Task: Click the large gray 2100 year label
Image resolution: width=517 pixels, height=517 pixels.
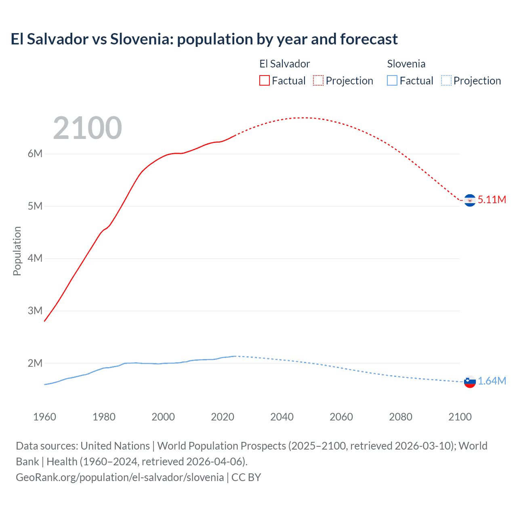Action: point(87,128)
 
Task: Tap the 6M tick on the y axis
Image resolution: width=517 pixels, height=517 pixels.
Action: point(35,154)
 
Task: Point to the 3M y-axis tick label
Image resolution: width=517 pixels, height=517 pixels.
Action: point(35,311)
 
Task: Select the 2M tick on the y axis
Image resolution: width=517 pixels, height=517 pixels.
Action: point(35,363)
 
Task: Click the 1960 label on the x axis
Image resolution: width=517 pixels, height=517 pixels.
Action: point(44,417)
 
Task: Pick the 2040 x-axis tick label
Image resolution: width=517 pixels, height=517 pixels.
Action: point(282,417)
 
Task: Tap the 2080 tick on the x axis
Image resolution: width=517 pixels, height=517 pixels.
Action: point(401,417)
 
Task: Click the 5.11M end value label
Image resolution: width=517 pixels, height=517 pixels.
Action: point(492,200)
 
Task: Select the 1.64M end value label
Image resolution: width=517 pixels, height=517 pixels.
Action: point(492,381)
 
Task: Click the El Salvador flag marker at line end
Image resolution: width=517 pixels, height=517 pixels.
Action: point(470,200)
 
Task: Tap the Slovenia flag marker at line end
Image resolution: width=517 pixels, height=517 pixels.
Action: point(470,381)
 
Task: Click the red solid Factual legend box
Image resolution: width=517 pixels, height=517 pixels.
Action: point(265,80)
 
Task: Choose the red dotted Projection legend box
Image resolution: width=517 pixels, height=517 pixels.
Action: point(318,80)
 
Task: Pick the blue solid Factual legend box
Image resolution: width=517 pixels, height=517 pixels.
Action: point(392,80)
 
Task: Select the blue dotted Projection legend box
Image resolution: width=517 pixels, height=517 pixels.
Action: point(446,80)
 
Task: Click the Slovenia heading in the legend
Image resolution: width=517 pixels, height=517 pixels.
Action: point(406,64)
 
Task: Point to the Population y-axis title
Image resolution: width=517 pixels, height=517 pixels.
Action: point(17,251)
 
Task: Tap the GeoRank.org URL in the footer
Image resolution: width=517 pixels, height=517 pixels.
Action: point(120,477)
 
